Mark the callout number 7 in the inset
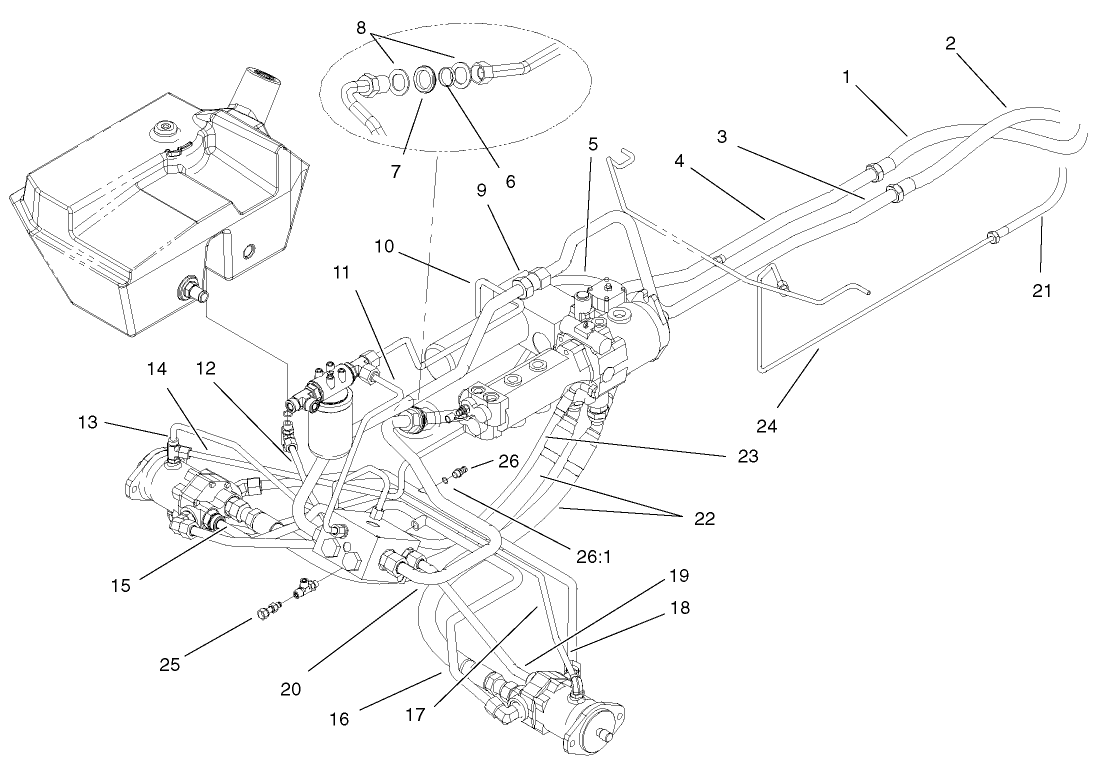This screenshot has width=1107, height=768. pyautogui.click(x=396, y=171)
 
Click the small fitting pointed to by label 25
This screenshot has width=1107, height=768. pyautogui.click(x=267, y=611)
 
